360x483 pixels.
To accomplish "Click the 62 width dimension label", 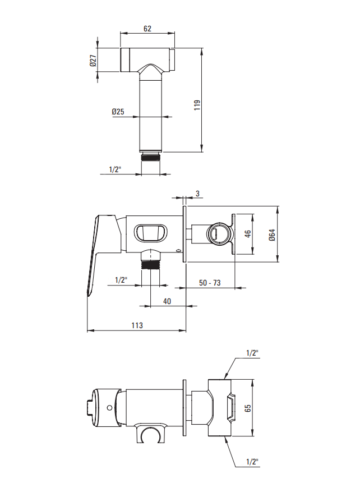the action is pyautogui.click(x=147, y=29).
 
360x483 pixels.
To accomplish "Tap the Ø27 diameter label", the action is pyautogui.click(x=93, y=61).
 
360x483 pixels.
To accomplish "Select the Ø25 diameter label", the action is pyautogui.click(x=118, y=112).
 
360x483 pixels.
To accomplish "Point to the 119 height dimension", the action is pyautogui.click(x=197, y=105).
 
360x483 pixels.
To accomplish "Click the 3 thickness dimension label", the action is pyautogui.click(x=197, y=194).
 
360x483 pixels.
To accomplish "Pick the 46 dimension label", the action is pyautogui.click(x=248, y=234).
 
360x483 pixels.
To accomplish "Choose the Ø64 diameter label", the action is pyautogui.click(x=271, y=235).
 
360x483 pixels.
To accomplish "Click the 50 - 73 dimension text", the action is pyautogui.click(x=210, y=283).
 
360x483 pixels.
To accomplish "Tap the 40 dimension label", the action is pyautogui.click(x=167, y=301).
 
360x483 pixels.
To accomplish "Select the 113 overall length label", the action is pyautogui.click(x=137, y=325).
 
